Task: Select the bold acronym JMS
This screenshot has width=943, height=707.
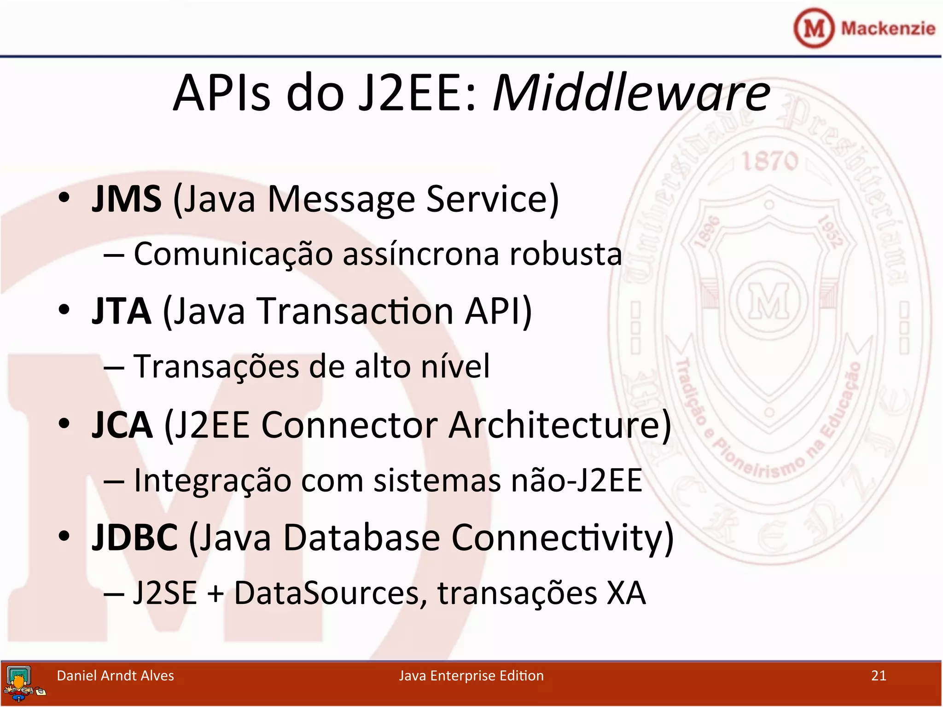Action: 127,199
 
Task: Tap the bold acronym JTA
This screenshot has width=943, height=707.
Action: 122,312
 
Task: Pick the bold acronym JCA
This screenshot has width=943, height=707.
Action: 122,425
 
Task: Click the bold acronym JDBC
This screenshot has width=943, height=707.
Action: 134,538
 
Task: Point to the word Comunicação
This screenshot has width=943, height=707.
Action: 233,254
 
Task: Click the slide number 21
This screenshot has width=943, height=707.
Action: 879,676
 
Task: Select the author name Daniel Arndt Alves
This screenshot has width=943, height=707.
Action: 115,676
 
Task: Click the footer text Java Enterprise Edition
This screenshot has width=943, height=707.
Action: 471,676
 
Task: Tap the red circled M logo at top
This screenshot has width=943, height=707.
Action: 814,29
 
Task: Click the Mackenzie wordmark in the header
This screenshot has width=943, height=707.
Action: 888,29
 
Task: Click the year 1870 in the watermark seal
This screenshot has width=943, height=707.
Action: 769,161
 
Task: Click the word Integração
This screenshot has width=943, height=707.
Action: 212,480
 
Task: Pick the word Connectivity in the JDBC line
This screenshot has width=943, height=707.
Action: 557,538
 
